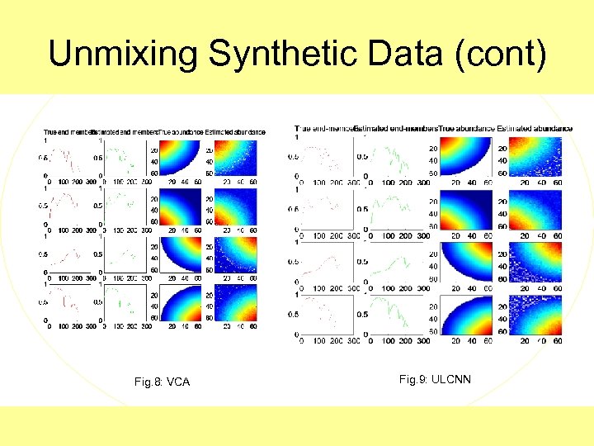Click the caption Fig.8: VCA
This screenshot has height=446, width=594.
tap(162, 382)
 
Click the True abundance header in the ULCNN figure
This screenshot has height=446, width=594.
tap(466, 128)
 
